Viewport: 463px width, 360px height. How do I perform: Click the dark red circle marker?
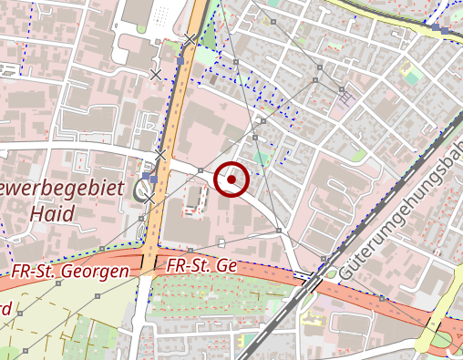[x=232, y=180]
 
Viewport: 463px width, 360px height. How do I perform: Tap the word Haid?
[x=51, y=214]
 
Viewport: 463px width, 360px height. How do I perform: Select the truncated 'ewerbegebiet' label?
[x=62, y=189]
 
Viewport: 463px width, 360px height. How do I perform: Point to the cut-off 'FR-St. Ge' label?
[x=201, y=265]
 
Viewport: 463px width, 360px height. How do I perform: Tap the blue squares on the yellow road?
[x=444, y=30]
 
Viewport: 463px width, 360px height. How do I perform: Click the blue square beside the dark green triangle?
[x=180, y=60]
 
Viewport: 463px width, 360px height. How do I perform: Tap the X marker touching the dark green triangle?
[x=190, y=38]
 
